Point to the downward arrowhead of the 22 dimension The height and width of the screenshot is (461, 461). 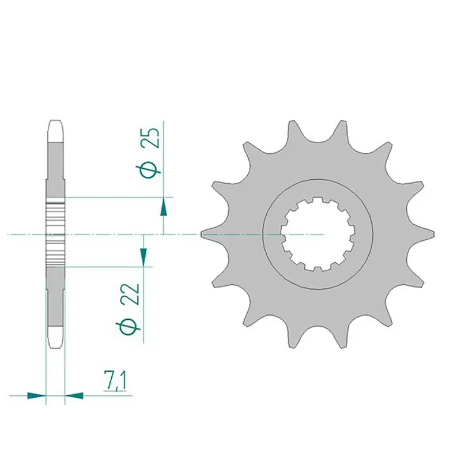[x=143, y=256]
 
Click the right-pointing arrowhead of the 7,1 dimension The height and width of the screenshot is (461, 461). [x=36, y=395]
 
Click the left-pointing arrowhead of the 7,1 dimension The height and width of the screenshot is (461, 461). [x=74, y=395]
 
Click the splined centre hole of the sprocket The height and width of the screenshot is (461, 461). [x=318, y=235]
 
